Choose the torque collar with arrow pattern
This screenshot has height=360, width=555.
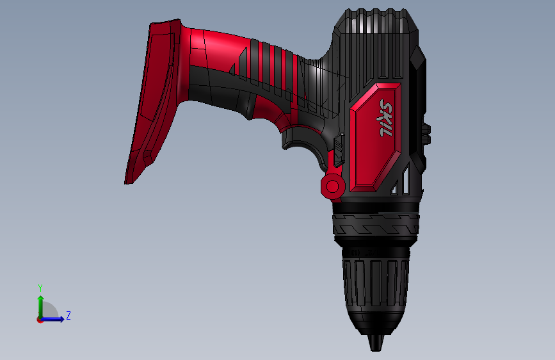pyautogui.click(x=375, y=225)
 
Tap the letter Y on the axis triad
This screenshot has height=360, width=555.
pyautogui.click(x=40, y=288)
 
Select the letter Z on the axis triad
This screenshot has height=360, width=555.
pyautogui.click(x=68, y=315)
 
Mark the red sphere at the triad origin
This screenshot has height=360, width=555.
pyautogui.click(x=40, y=319)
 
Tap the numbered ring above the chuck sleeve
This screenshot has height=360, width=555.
pyautogui.click(x=375, y=251)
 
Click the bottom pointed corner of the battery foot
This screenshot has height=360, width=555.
pyautogui.click(x=127, y=183)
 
